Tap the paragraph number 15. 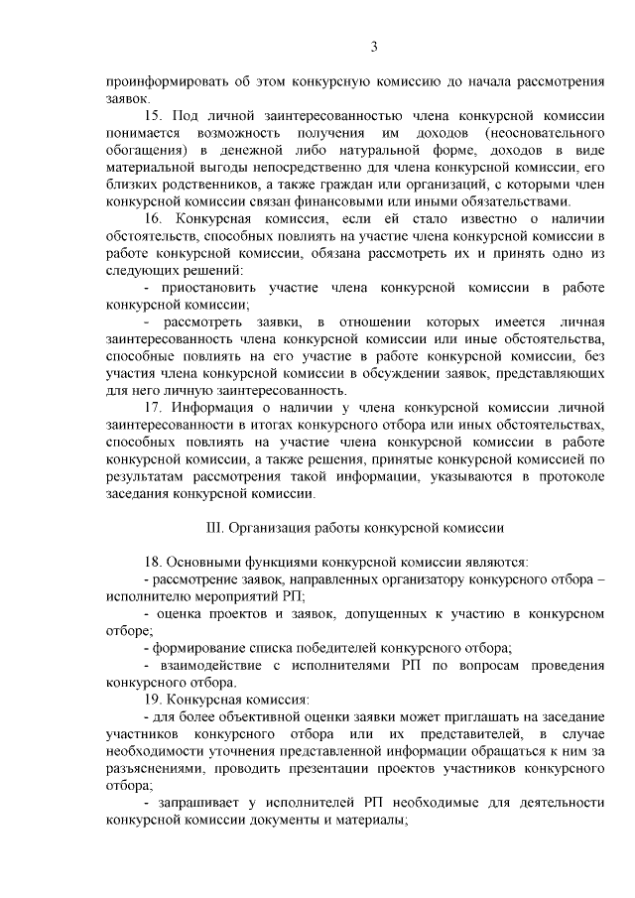tap(153, 117)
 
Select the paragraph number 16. tap(153, 218)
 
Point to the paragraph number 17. tap(153, 409)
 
